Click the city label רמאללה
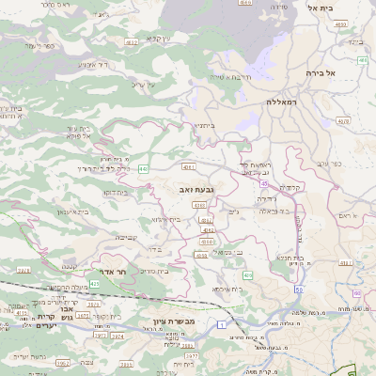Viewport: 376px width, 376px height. [x=281, y=102]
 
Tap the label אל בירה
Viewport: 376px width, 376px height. [x=320, y=71]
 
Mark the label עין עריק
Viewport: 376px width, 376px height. [x=143, y=86]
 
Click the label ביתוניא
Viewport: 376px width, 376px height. [x=205, y=125]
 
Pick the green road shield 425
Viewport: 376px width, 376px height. [x=248, y=274]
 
